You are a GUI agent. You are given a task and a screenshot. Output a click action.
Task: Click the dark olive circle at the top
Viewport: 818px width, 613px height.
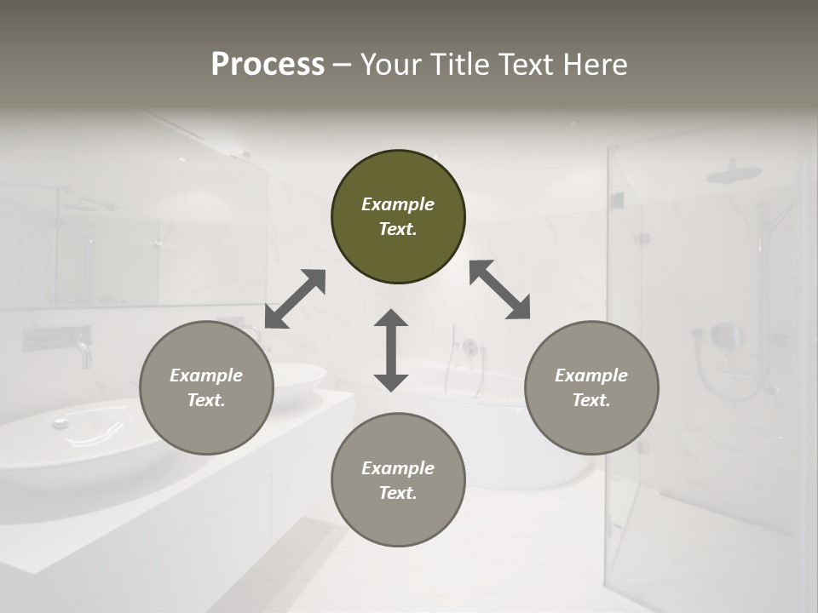tap(398, 217)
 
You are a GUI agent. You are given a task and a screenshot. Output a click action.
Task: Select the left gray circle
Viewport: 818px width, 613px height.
tap(206, 387)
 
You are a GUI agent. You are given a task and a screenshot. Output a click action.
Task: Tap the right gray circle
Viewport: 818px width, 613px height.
tap(591, 387)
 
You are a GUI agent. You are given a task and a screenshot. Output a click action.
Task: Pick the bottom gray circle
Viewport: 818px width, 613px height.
tap(398, 480)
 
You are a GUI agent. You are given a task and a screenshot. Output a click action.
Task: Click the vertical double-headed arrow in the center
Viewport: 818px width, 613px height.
tap(391, 350)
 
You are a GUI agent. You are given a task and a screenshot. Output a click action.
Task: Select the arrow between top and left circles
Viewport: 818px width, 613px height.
tap(295, 299)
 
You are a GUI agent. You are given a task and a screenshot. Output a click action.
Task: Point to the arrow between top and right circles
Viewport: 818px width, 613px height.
tap(500, 289)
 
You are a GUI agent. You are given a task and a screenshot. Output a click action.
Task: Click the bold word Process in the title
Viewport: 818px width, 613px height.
tap(268, 65)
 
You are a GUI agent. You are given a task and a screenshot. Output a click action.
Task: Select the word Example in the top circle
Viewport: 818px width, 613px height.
tap(398, 204)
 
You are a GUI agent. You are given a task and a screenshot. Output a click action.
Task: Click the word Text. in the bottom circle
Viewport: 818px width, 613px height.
tap(398, 493)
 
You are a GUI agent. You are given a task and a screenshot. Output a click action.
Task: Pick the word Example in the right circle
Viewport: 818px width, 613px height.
tap(591, 375)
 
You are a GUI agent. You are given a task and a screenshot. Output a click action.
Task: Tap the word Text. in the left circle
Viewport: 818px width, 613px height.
tap(206, 400)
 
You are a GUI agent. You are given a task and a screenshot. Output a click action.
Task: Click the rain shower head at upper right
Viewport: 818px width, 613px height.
tap(734, 174)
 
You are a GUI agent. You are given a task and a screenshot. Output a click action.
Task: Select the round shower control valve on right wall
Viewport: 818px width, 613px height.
tap(726, 335)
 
